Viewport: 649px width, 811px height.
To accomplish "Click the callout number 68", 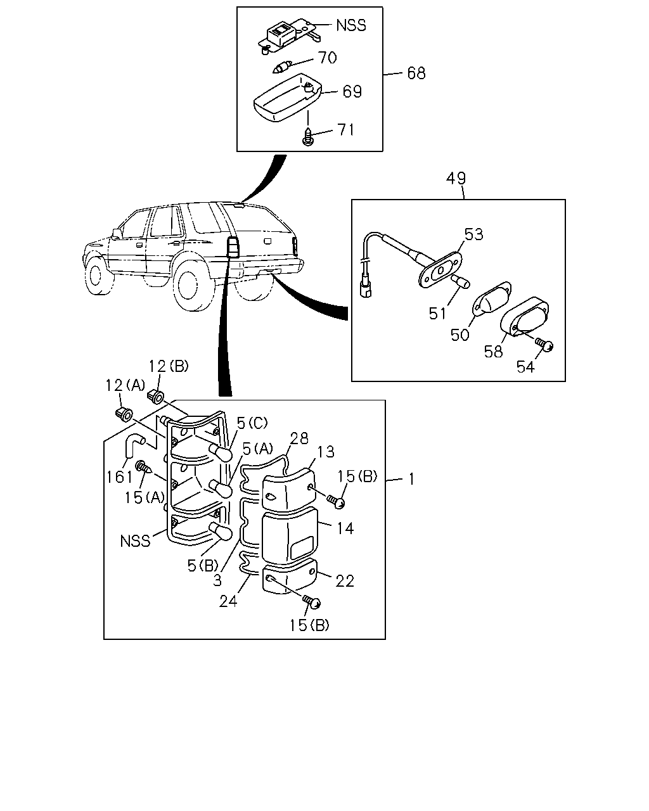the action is pos(416,73).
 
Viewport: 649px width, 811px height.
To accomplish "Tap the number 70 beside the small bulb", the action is pos(327,58).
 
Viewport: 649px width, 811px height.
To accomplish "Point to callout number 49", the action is pos(456,178).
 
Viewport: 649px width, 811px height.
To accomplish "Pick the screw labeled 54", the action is pos(544,345).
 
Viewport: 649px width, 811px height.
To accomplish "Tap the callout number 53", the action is pos(473,234).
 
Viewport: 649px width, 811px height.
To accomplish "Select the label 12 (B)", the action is pos(168,366).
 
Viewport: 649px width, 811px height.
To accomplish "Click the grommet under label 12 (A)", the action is pos(124,414).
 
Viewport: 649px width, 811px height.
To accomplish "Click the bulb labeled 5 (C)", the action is pos(221,452).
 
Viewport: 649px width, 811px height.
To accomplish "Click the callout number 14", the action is pos(345,528).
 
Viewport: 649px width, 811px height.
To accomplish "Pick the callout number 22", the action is pos(345,581).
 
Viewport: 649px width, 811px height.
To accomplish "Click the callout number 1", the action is pos(411,480).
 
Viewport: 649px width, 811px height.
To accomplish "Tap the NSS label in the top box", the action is pos(351,25).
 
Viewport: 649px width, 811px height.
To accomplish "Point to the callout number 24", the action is pos(228,601).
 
